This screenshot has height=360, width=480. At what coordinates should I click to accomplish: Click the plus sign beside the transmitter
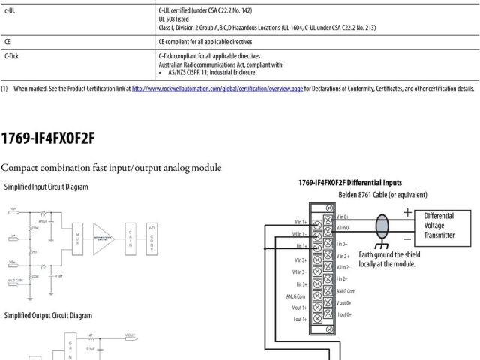point(407,213)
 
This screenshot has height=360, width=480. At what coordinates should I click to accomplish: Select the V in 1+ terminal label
point(302,222)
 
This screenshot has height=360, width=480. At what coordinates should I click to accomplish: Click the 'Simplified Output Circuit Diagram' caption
point(49,316)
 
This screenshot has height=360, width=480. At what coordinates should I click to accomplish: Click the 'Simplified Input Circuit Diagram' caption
point(46,187)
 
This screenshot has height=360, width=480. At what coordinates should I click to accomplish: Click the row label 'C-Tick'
point(12,55)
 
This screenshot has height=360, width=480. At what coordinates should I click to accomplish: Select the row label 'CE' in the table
point(7,42)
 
